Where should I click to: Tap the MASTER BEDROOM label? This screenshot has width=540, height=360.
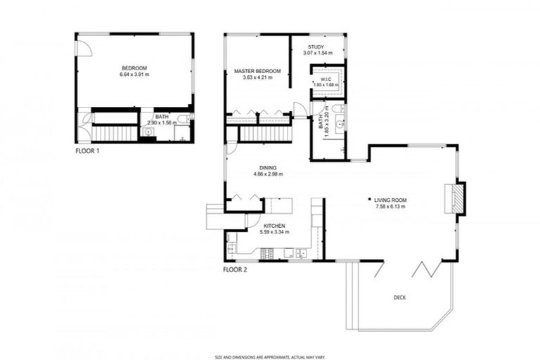[257, 71]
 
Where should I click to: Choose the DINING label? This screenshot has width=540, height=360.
[267, 167]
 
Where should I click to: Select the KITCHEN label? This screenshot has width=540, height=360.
[274, 226]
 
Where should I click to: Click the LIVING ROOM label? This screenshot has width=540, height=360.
[391, 200]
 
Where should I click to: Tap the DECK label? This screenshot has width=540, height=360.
[399, 297]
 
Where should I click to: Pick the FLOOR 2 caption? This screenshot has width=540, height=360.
[236, 269]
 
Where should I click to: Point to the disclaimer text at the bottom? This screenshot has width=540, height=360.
[269, 356]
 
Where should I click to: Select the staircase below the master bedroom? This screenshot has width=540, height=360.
[265, 133]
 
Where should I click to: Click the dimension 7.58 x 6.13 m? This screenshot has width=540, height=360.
[391, 207]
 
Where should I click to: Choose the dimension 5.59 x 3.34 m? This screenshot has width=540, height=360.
[274, 232]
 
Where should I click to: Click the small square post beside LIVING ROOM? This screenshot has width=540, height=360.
[371, 200]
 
